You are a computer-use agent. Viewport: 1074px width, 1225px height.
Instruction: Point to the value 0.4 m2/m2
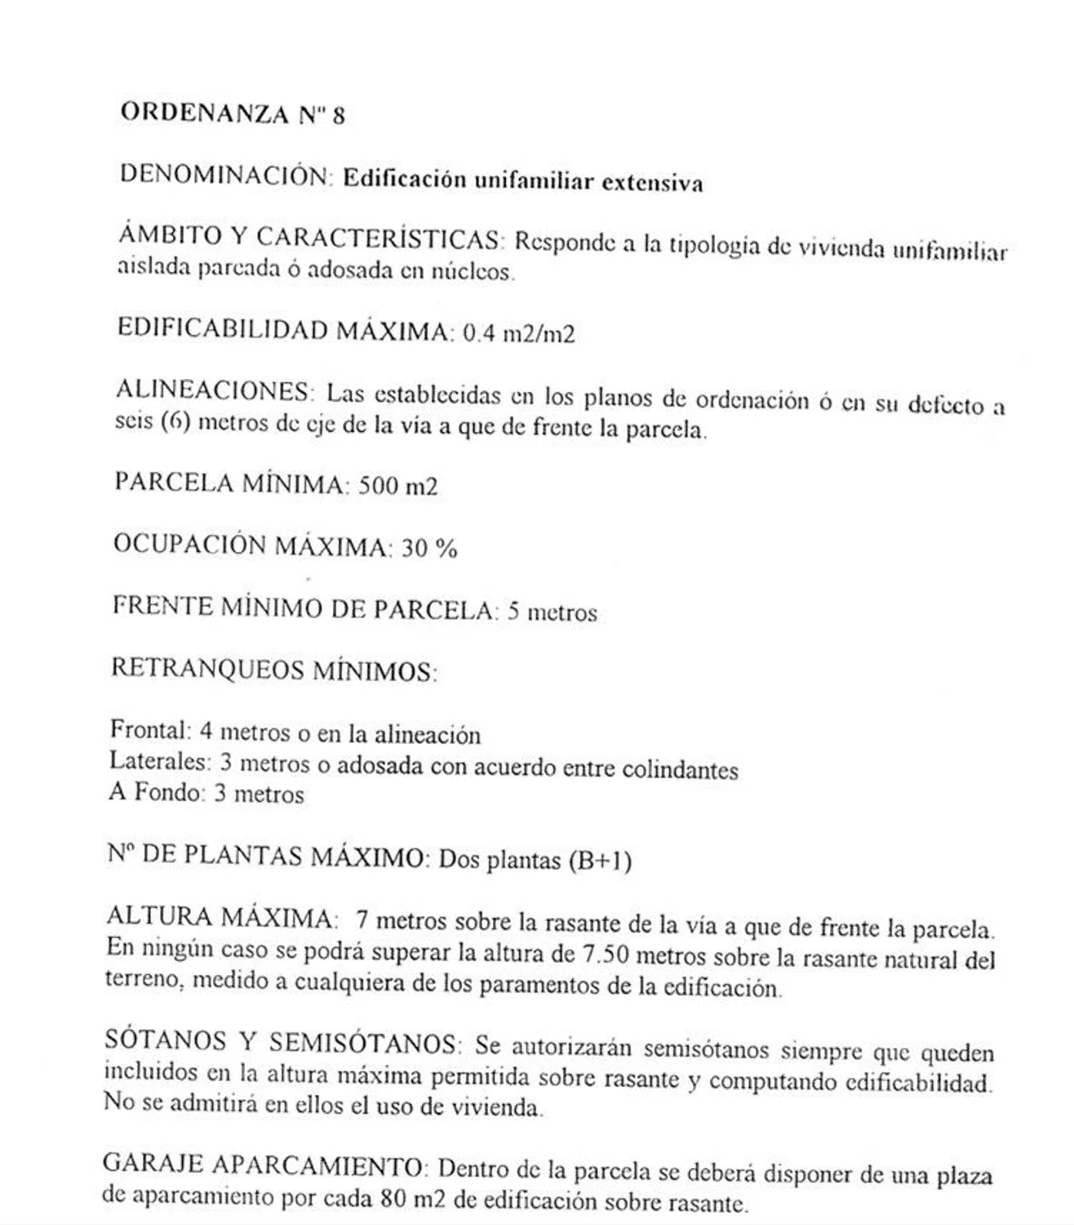pyautogui.click(x=518, y=334)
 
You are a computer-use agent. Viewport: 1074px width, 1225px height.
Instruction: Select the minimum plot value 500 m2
pyautogui.click(x=397, y=487)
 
